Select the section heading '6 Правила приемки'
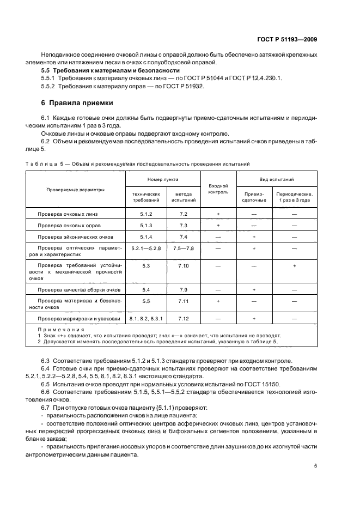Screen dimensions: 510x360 [x=78, y=102]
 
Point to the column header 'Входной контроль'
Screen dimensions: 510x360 [x=218, y=189]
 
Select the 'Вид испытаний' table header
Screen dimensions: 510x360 [x=276, y=179]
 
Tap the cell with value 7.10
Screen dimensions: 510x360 [x=183, y=265]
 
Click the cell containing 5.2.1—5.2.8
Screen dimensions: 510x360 [x=145, y=248]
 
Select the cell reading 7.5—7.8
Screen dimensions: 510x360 [x=183, y=248]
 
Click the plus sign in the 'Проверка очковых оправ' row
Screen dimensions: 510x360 [x=218, y=226]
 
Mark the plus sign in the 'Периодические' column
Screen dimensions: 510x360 [x=294, y=265]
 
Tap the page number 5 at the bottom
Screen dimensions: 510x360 [x=316, y=465]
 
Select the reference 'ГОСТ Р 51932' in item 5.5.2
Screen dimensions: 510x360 [x=171, y=87]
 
